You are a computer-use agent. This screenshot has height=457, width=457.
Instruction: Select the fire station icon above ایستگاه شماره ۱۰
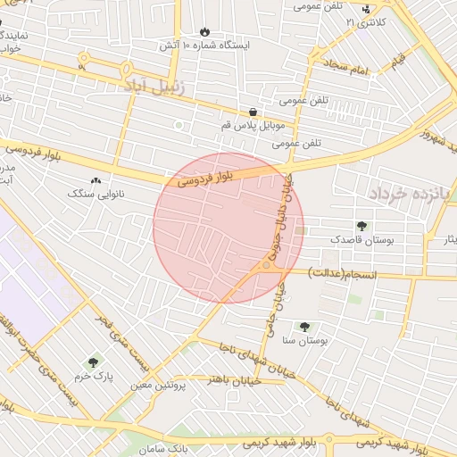coord(205,30)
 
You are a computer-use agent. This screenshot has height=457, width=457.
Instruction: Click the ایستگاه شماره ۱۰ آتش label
coord(205,44)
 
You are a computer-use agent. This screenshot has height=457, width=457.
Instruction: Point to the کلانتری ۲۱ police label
coord(366,21)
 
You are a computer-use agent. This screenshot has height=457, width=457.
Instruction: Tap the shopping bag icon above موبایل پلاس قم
coord(254,112)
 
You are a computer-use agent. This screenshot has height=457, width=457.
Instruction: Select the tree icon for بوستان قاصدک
coord(361,226)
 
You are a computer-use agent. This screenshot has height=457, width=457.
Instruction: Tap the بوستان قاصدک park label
coord(361,239)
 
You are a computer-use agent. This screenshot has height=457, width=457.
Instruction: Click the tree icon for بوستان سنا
coord(305,327)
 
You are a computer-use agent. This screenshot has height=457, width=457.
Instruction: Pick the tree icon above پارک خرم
coord(94,362)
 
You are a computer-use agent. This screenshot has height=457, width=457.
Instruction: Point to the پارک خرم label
coord(94,376)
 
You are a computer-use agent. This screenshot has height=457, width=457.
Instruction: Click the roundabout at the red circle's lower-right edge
coord(268,265)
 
